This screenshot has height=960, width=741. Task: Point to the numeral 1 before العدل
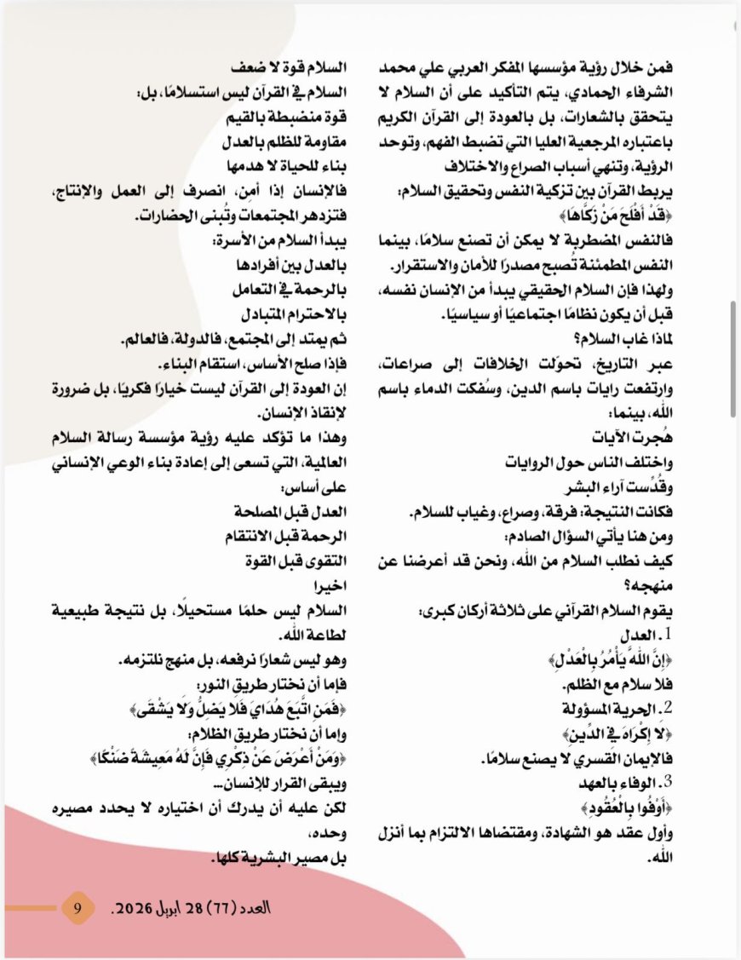[x=668, y=635]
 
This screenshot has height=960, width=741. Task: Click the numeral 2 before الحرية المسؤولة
[x=668, y=706]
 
